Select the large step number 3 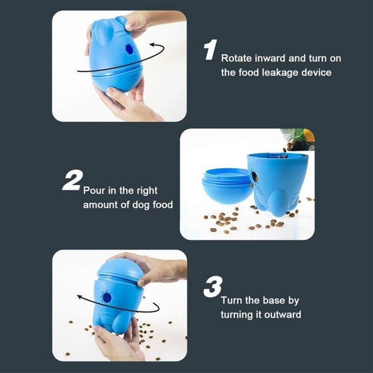coord(212,288)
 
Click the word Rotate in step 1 coord(235,59)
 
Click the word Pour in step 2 coord(93,191)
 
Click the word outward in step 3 coord(282,315)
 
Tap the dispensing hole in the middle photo coord(255,176)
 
